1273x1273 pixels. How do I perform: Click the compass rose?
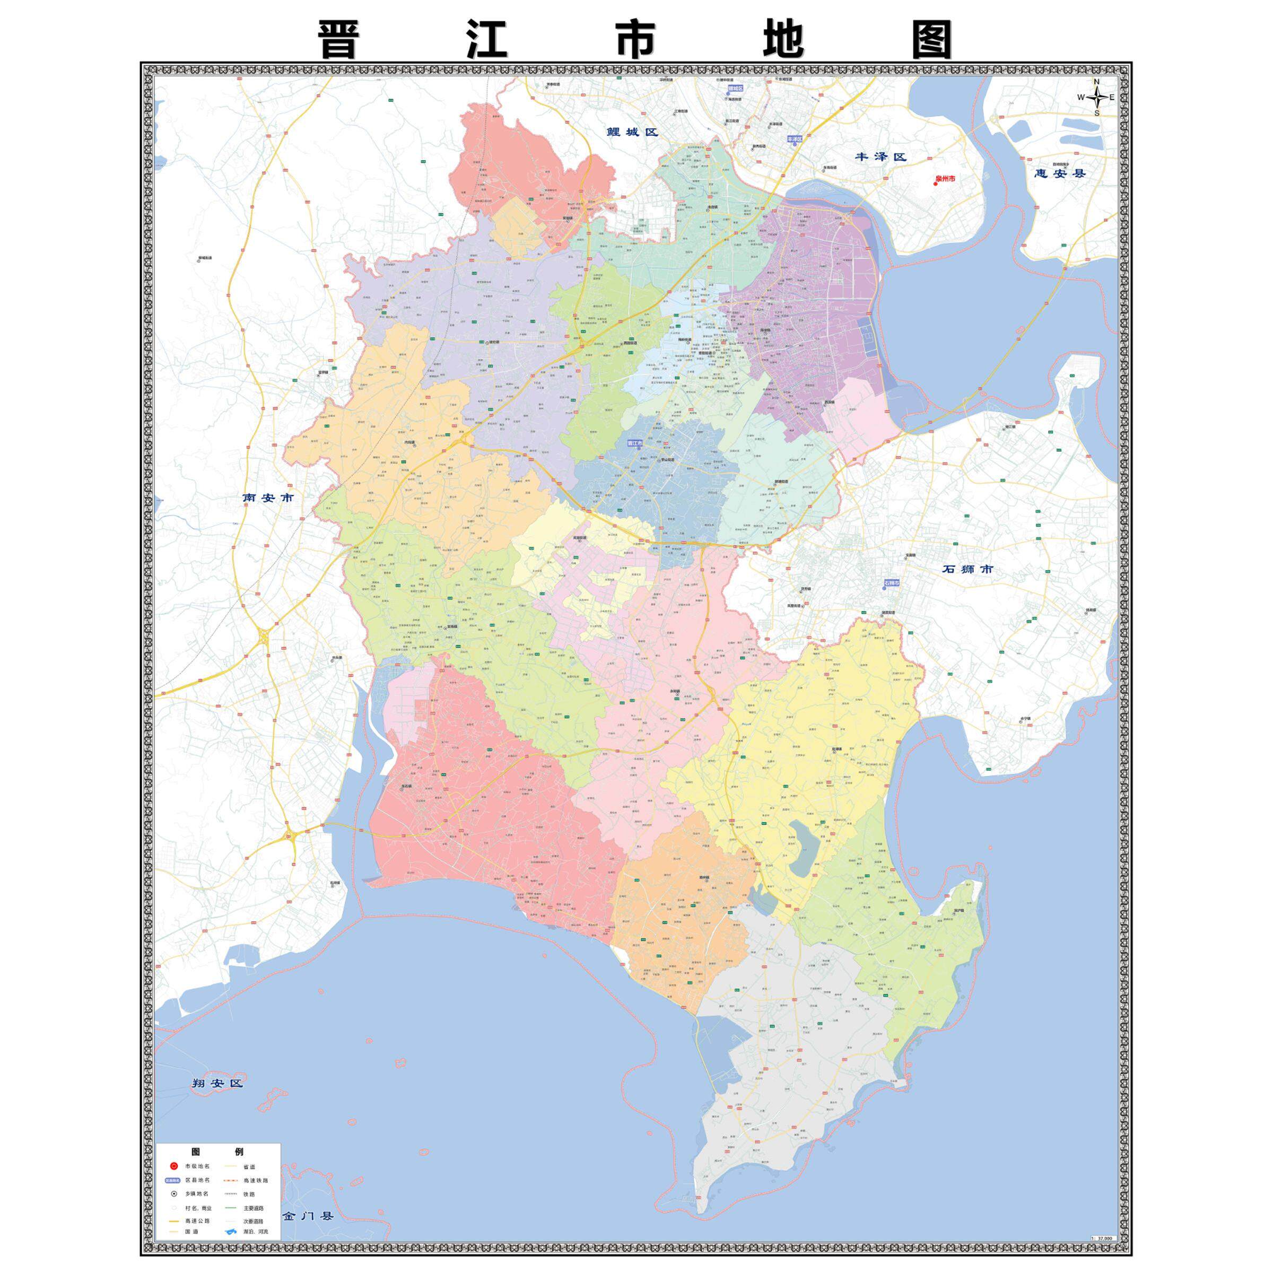pos(1097,98)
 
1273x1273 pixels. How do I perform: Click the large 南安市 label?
pos(268,498)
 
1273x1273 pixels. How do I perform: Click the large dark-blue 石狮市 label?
pos(966,569)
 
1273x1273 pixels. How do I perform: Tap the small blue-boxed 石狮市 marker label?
pos(892,584)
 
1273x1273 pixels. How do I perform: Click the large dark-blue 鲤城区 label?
pos(633,132)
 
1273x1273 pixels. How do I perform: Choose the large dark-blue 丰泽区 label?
pos(881,157)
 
